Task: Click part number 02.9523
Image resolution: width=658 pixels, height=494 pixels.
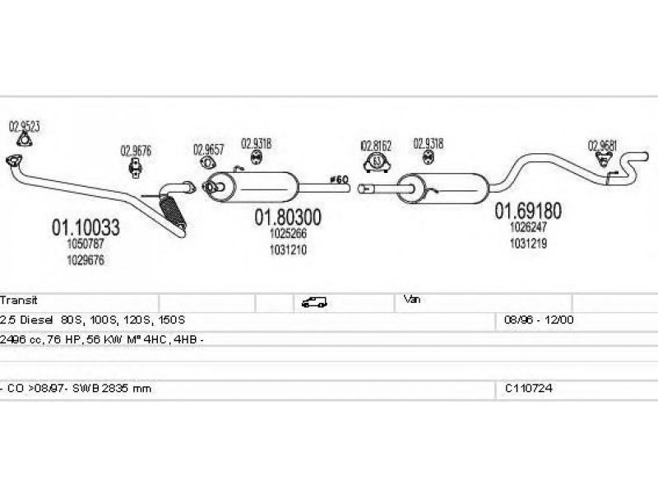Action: (x=25, y=127)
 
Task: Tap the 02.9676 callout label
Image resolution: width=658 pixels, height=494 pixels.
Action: (x=136, y=151)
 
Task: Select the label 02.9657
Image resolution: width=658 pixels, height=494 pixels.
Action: (x=209, y=149)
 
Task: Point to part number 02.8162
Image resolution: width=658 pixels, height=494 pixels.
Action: (x=376, y=145)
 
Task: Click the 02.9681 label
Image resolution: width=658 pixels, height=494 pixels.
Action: (x=602, y=146)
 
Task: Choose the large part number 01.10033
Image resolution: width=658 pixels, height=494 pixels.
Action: (x=86, y=226)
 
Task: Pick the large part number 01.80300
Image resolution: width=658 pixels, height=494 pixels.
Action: (x=287, y=217)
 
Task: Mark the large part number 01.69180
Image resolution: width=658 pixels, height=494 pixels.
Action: (x=527, y=211)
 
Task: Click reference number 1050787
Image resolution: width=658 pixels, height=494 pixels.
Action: (x=86, y=245)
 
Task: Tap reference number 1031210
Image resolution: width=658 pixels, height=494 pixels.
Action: (x=287, y=249)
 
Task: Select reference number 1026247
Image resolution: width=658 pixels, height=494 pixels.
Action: (x=527, y=227)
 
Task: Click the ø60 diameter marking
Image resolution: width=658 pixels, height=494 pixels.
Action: (x=339, y=179)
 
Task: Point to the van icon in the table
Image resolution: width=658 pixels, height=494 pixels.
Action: (x=314, y=301)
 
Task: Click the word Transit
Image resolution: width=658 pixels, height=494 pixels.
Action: (x=20, y=301)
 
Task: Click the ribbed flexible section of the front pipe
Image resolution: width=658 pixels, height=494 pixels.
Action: (x=174, y=210)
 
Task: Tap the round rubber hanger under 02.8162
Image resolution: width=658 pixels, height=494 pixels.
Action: (x=377, y=161)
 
